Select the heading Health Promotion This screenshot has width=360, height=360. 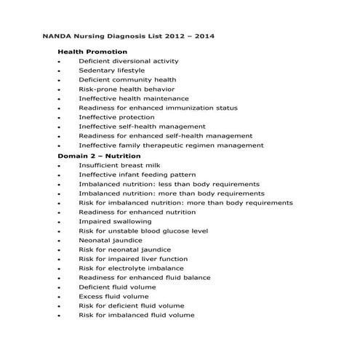(x=92, y=52)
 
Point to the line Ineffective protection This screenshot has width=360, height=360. (x=116, y=117)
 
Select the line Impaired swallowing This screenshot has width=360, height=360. (x=115, y=221)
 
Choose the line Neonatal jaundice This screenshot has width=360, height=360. (x=111, y=240)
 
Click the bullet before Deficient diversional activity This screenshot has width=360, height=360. (x=57, y=62)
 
